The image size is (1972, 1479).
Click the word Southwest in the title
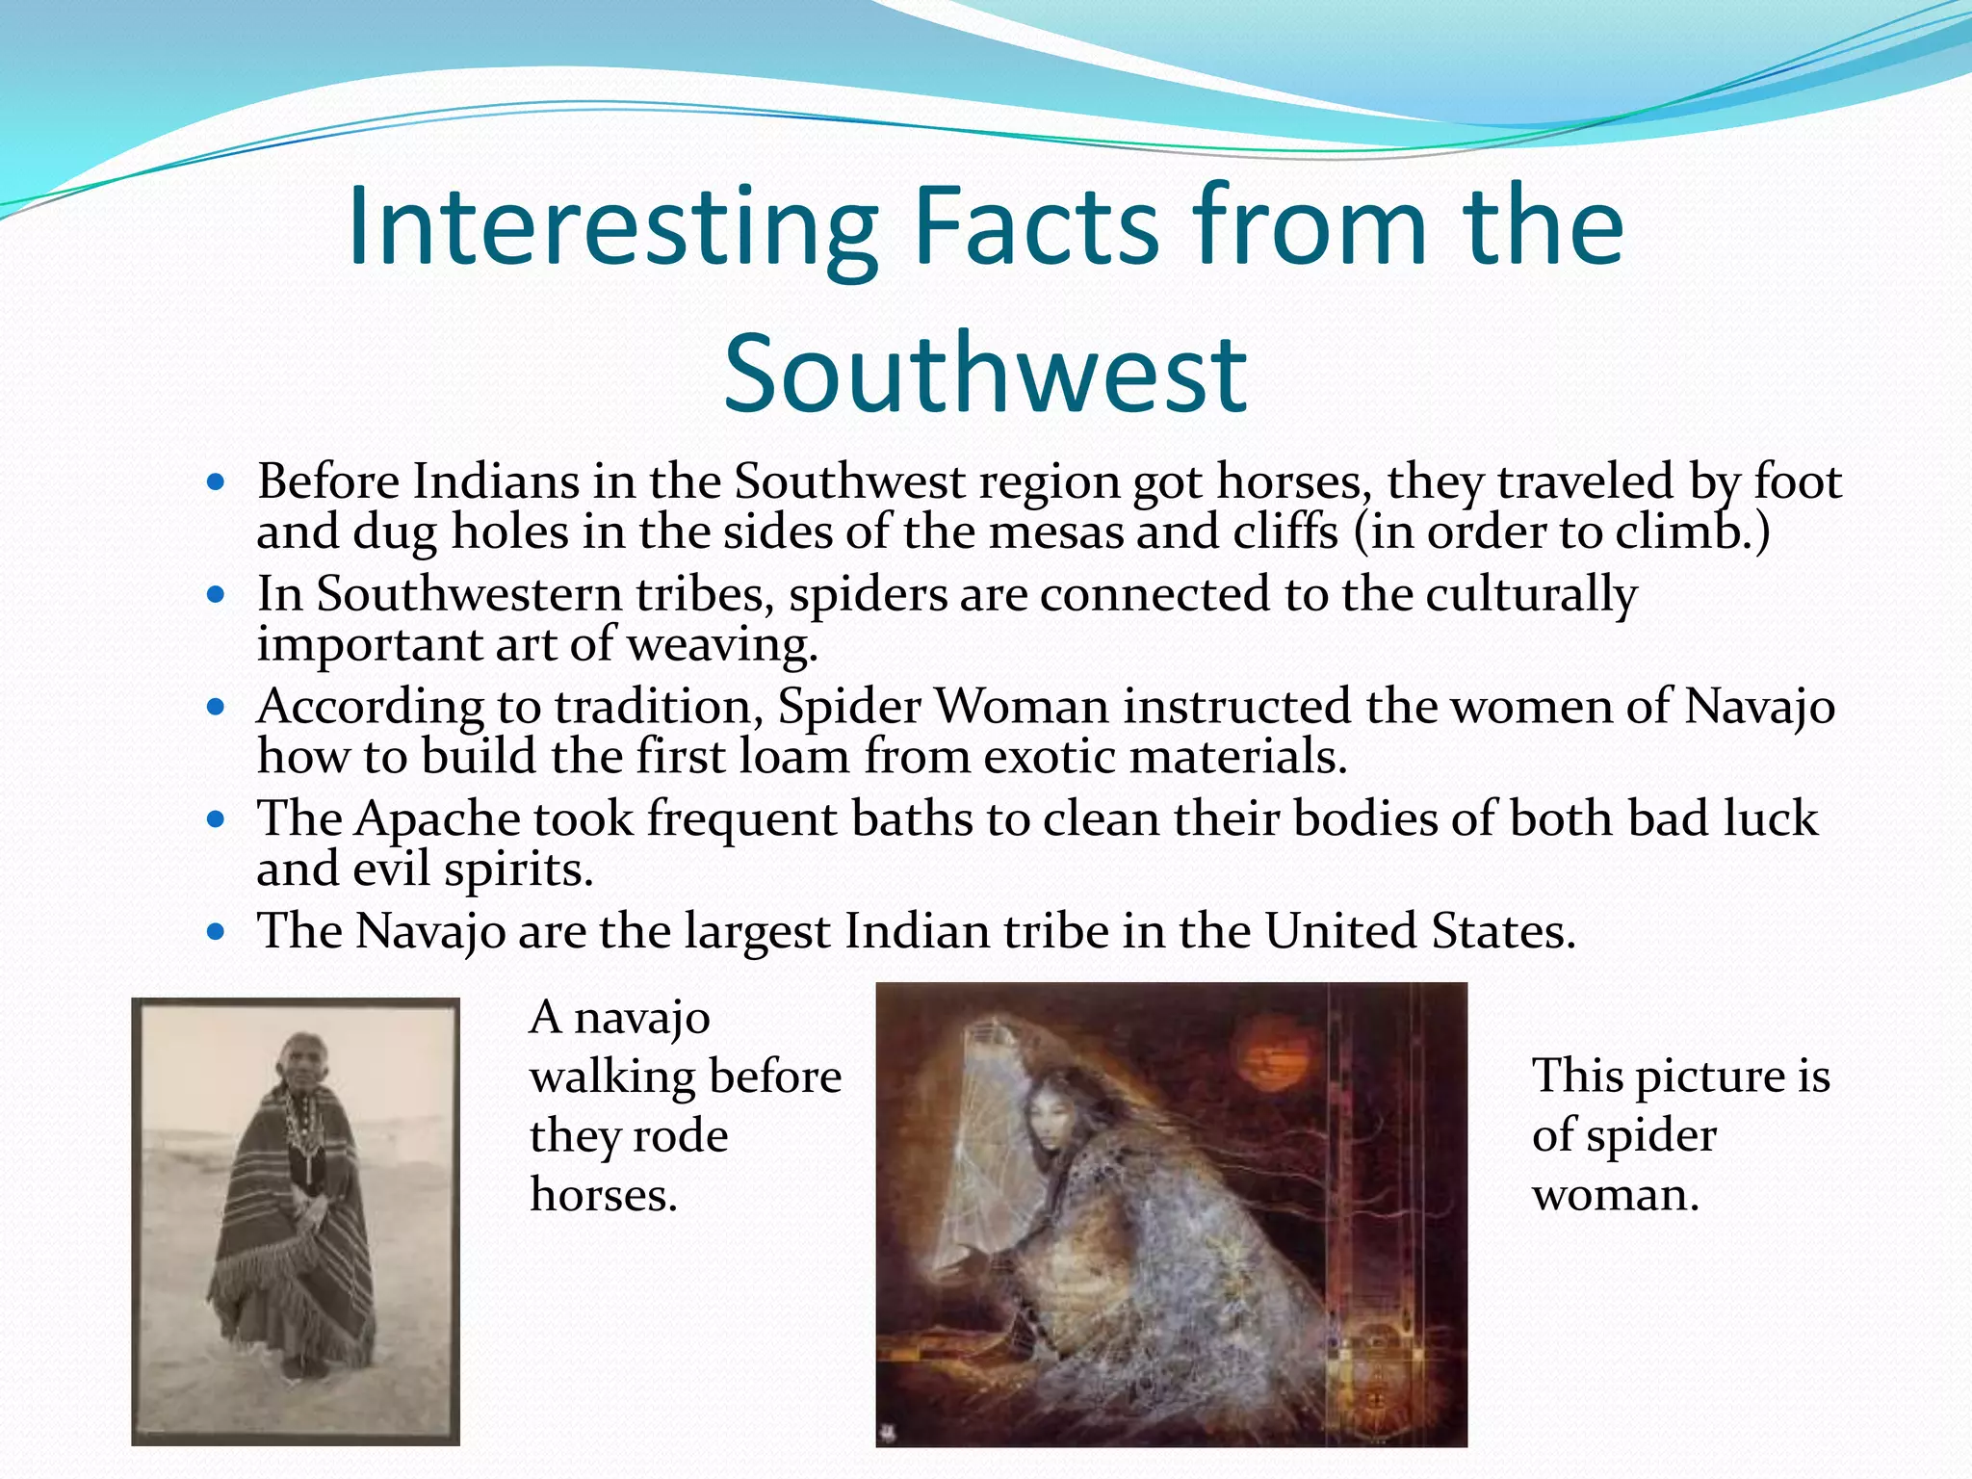pyautogui.click(x=985, y=374)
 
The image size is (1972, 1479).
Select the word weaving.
pyautogui.click(x=722, y=644)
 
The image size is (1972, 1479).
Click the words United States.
pyautogui.click(x=1420, y=932)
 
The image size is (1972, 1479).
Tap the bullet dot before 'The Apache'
pyautogui.click(x=216, y=820)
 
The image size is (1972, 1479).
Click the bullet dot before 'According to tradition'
pyautogui.click(x=216, y=708)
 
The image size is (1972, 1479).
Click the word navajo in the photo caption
pyautogui.click(x=642, y=1018)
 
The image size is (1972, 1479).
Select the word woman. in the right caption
pyautogui.click(x=1616, y=1196)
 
